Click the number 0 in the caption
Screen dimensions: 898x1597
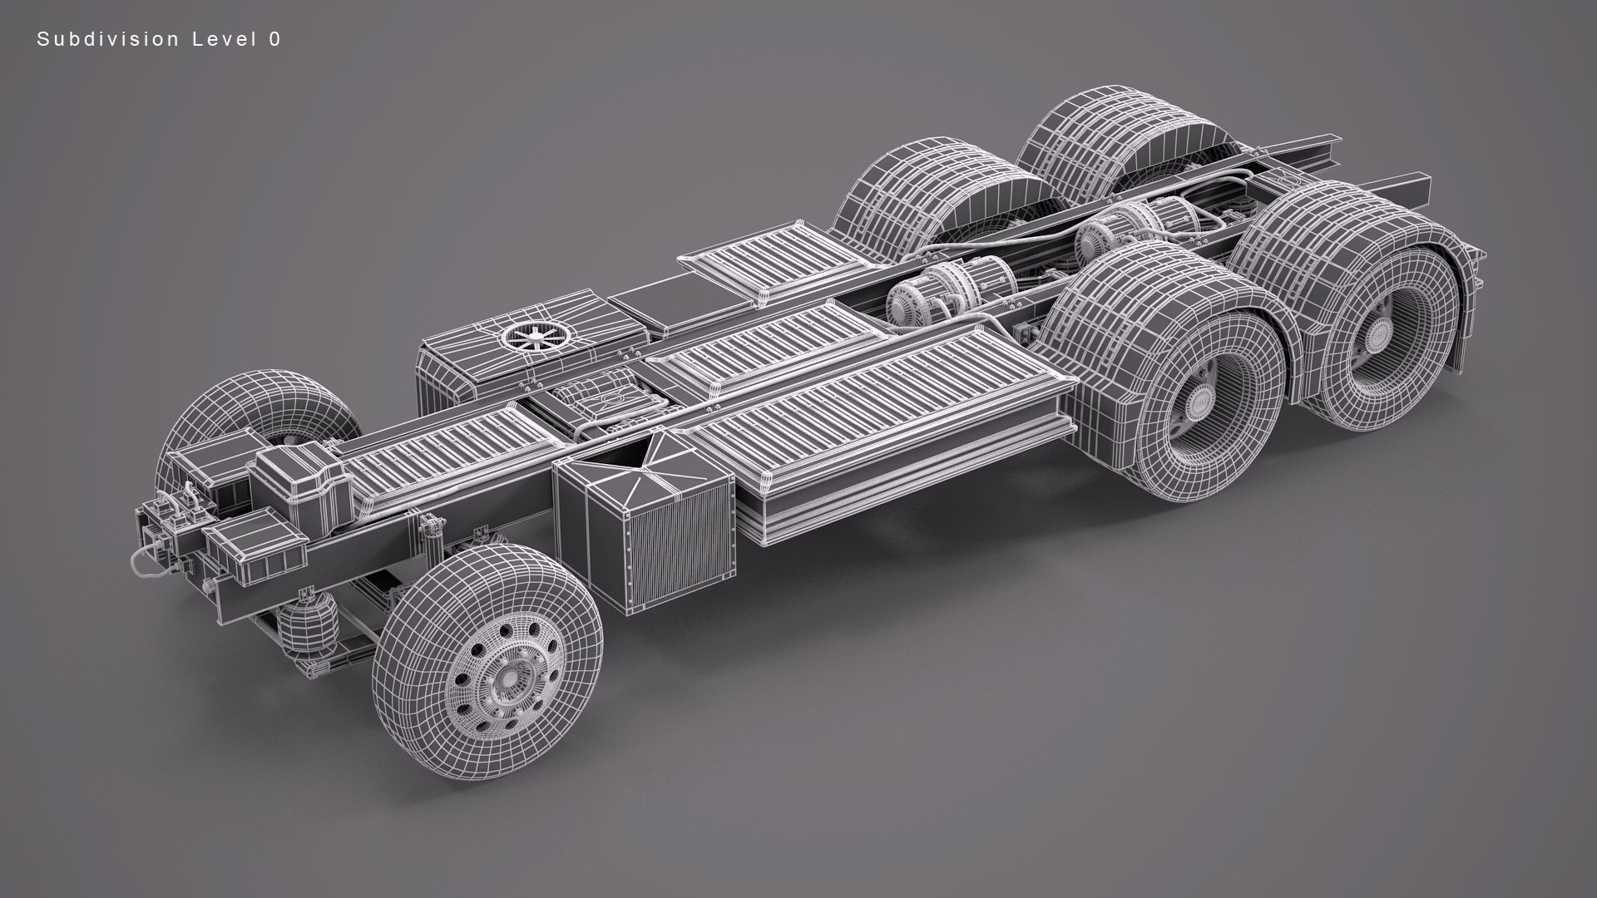coord(274,39)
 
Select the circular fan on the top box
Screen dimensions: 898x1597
coord(533,336)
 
